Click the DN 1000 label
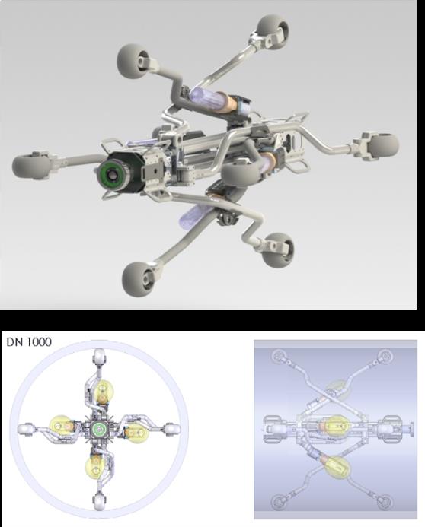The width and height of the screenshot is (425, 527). click(29, 342)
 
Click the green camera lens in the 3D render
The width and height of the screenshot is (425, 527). click(110, 174)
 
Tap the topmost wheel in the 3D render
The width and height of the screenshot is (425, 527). click(273, 31)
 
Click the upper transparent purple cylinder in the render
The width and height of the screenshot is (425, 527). click(203, 96)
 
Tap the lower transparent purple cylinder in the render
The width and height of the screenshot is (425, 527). click(193, 215)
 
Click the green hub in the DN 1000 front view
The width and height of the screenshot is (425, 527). click(99, 429)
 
